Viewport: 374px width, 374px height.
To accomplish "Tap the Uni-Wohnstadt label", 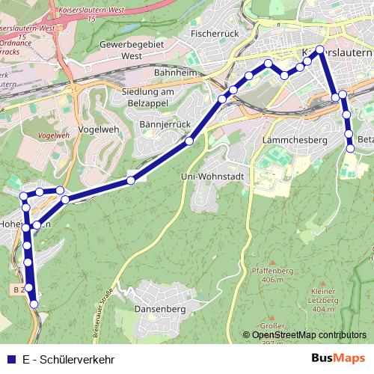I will coord(213,176).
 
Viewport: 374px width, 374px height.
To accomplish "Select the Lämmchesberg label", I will coord(295,140).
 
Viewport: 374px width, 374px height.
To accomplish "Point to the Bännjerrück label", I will coord(167,123).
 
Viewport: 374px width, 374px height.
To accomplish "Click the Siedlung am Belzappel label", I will coord(147,96).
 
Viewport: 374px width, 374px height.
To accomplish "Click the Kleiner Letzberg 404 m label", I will coord(322,298).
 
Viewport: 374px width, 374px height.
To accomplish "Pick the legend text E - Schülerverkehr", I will coord(68,358).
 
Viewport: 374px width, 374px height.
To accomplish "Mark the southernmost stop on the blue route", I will coord(34,304).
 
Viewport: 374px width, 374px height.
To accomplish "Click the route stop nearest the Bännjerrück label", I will coord(189,140).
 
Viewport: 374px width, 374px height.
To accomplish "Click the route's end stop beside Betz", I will coord(351,149).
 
